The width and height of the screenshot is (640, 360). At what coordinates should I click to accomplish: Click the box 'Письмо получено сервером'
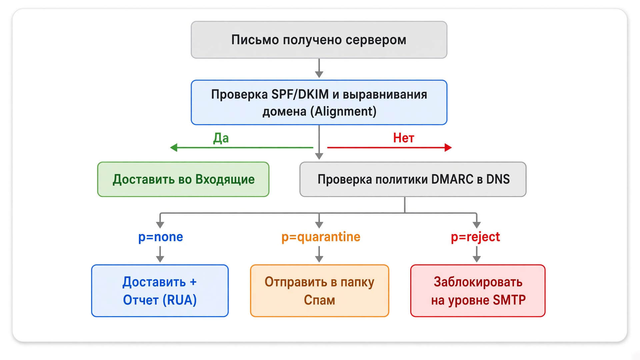pos(319,40)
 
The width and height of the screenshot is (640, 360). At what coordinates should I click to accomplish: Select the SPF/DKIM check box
pos(319,102)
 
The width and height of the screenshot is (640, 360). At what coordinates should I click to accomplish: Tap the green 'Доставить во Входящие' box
pos(183,179)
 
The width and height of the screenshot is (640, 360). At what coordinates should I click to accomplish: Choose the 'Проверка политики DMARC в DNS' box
pos(413,179)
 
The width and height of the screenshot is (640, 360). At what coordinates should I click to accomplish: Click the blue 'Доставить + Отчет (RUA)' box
pos(160,291)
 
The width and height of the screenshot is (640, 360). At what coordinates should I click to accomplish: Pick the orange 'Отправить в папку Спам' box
pos(320,291)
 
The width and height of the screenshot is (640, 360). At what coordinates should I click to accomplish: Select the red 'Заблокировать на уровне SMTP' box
pos(478,291)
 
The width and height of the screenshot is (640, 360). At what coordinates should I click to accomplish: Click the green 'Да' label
pos(221,138)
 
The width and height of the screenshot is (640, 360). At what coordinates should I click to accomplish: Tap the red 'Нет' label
pos(404,138)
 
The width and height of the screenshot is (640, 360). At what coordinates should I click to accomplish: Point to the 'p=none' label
pos(161,237)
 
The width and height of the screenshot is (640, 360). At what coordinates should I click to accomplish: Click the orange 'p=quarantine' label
pos(321,237)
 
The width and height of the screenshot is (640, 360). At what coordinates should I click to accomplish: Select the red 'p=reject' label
pos(475,237)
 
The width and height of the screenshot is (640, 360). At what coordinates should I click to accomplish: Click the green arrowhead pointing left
pos(174,147)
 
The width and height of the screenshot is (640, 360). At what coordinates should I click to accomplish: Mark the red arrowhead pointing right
pos(448,147)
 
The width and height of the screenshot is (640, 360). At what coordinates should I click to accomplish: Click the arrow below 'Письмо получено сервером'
pos(319,68)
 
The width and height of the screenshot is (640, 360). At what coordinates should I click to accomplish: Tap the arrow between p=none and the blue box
pos(160,254)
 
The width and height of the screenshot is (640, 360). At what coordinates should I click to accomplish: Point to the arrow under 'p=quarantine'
pos(319,254)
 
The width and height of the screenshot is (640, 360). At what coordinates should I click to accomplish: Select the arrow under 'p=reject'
pos(477,254)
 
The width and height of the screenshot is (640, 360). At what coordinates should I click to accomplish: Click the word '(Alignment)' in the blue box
pos(343,111)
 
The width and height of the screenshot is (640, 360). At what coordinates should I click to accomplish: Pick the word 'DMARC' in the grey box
pos(452,179)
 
